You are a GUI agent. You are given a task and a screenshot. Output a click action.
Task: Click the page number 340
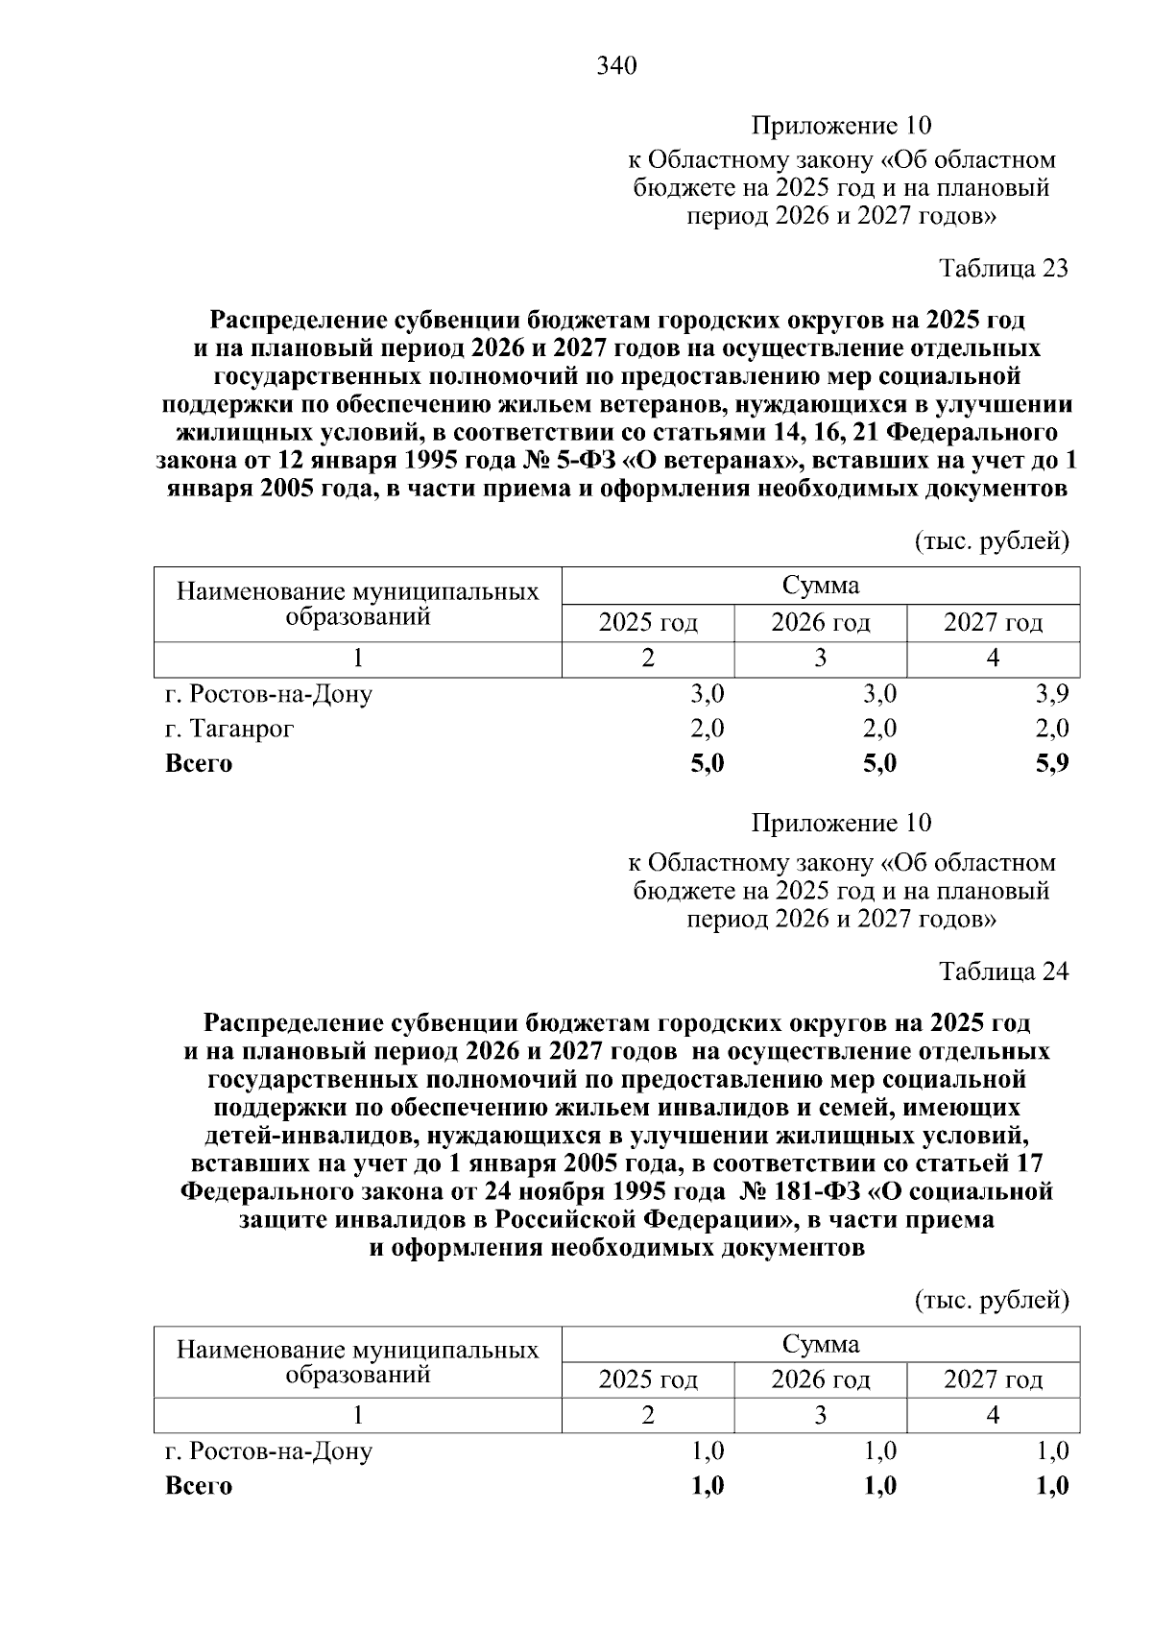[x=616, y=66]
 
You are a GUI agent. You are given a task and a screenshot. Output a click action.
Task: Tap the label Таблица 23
[x=1003, y=268]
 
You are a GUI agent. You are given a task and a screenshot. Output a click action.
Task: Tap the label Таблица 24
[x=1003, y=971]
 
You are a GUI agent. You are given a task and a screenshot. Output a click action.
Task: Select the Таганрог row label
[x=229, y=729]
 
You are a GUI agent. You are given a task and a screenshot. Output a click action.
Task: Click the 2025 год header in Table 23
[x=648, y=624]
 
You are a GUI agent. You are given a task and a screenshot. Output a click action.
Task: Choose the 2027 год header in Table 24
[x=994, y=1380]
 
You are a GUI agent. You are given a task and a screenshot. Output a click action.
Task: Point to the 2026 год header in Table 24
[x=821, y=1380]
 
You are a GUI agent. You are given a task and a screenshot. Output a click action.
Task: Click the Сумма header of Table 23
[x=821, y=586]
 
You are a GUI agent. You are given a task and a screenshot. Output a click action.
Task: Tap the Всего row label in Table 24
[x=199, y=1486]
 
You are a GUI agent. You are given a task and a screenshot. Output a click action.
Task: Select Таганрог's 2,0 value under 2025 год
[x=708, y=729]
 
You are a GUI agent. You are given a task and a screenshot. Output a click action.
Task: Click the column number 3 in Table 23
[x=821, y=659]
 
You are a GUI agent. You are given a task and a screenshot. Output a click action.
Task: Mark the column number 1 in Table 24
[x=358, y=1415]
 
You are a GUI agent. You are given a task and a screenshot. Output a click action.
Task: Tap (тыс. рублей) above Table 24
[x=991, y=1301]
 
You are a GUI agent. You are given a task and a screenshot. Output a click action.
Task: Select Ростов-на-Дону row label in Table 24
[x=269, y=1450]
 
